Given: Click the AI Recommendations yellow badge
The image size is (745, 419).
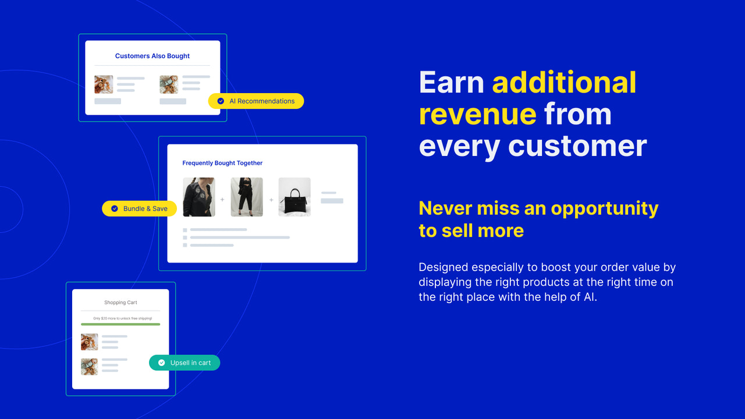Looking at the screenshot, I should coord(256,101).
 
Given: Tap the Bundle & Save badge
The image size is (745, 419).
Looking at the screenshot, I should coord(140,209).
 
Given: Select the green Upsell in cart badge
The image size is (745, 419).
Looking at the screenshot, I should coord(185,363).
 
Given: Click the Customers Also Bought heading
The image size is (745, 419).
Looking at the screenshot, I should coord(152,56).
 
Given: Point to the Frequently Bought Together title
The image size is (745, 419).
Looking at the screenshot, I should coord(222,164).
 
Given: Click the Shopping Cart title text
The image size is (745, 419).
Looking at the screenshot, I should coord(120,303).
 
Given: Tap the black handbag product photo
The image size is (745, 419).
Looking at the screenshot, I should coord(295,197).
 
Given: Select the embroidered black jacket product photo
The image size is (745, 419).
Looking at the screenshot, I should coord(198,197).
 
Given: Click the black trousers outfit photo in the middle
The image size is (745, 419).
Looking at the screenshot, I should coord(247,197).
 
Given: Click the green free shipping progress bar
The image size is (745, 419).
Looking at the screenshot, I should coord(120,324).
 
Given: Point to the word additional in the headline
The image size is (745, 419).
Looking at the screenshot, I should coord(564,83).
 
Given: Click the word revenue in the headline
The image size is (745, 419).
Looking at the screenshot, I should coord(477,114).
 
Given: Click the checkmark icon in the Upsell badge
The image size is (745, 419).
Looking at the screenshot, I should coord(161,363).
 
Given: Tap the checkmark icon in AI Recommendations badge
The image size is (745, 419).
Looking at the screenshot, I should coord(221,101).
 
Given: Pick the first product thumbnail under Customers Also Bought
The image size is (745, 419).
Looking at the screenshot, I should coord(104,84).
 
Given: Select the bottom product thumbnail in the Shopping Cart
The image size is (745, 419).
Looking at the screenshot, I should coord(89,366).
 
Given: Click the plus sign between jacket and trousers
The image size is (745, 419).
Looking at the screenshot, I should coord(222,200).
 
